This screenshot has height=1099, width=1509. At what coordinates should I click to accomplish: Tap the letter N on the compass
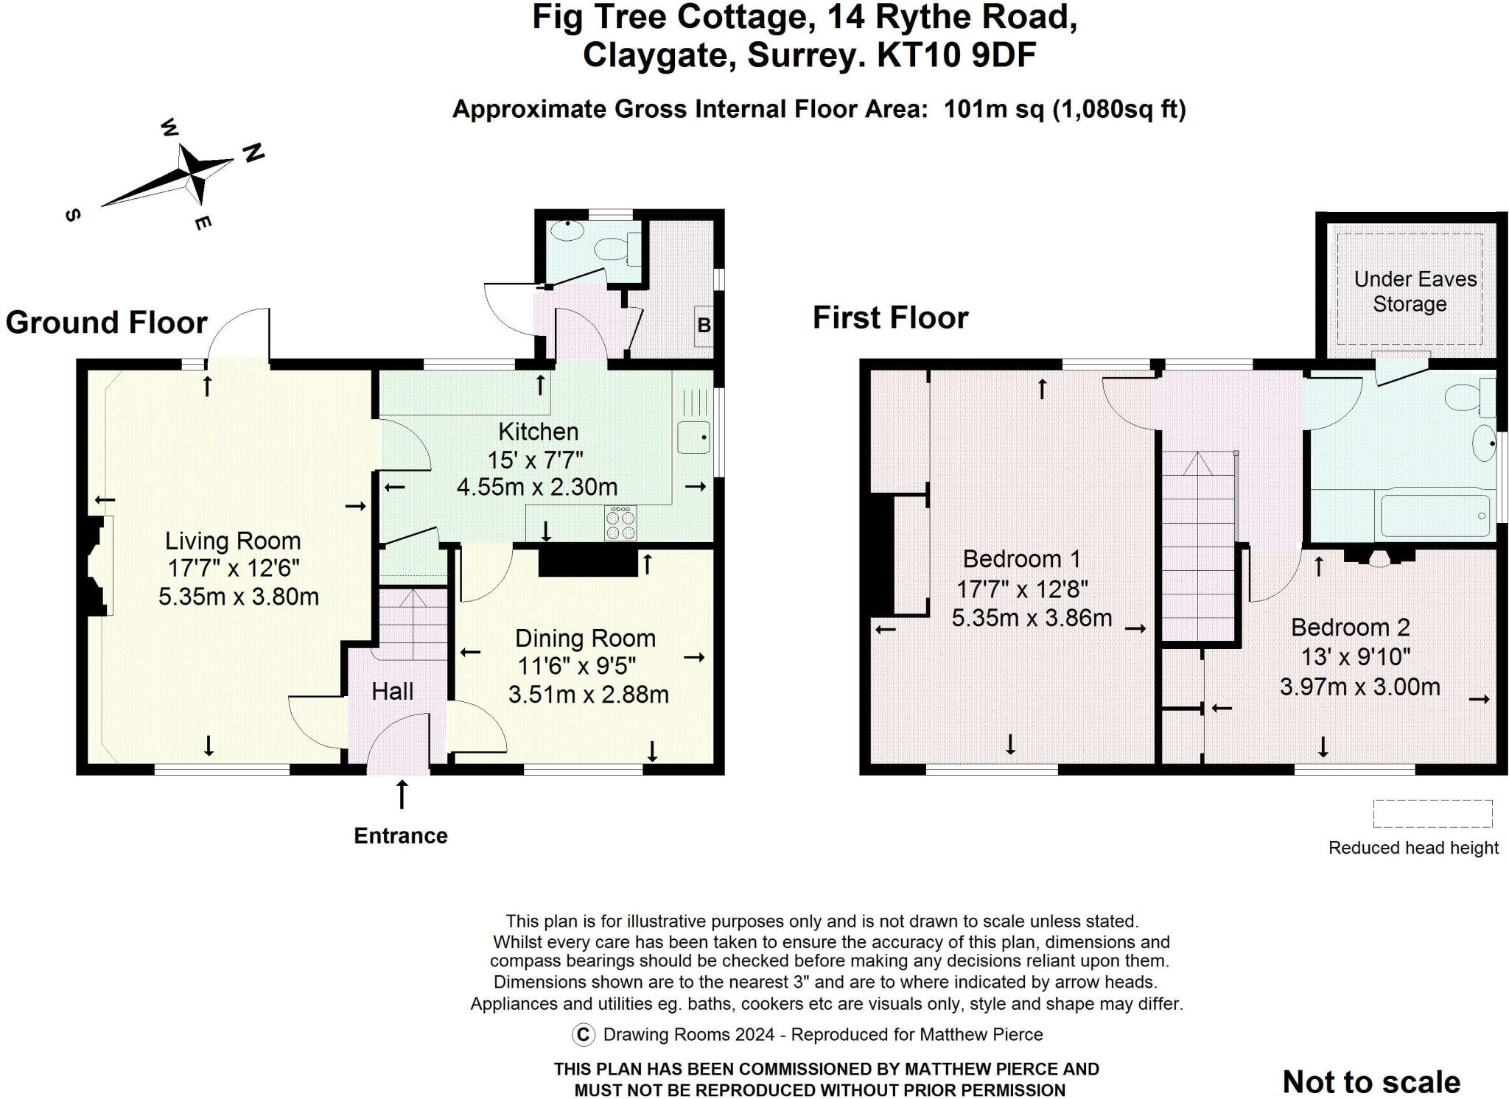pyautogui.click(x=253, y=153)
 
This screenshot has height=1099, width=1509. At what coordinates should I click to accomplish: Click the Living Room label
pyautogui.click(x=233, y=541)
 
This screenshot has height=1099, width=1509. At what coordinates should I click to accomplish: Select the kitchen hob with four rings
pyautogui.click(x=620, y=524)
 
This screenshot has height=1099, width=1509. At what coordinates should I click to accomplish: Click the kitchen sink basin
pyautogui.click(x=693, y=438)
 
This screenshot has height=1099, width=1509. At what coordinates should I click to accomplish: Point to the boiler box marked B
pyautogui.click(x=704, y=325)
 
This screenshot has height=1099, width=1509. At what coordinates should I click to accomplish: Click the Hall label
pyautogui.click(x=392, y=692)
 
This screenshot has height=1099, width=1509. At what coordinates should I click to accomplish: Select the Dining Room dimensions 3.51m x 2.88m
pyautogui.click(x=588, y=695)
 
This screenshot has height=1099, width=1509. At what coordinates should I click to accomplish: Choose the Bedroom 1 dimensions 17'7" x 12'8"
pyautogui.click(x=1022, y=589)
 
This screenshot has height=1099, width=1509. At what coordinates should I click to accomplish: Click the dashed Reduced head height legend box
pyautogui.click(x=1432, y=814)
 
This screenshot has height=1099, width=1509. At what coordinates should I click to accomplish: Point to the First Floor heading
pyautogui.click(x=890, y=318)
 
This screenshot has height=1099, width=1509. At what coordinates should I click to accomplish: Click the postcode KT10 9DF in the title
pyautogui.click(x=956, y=55)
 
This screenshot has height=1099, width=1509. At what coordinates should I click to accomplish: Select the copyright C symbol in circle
pyautogui.click(x=583, y=1035)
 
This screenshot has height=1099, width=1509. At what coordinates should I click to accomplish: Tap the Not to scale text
pyautogui.click(x=1371, y=1081)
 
